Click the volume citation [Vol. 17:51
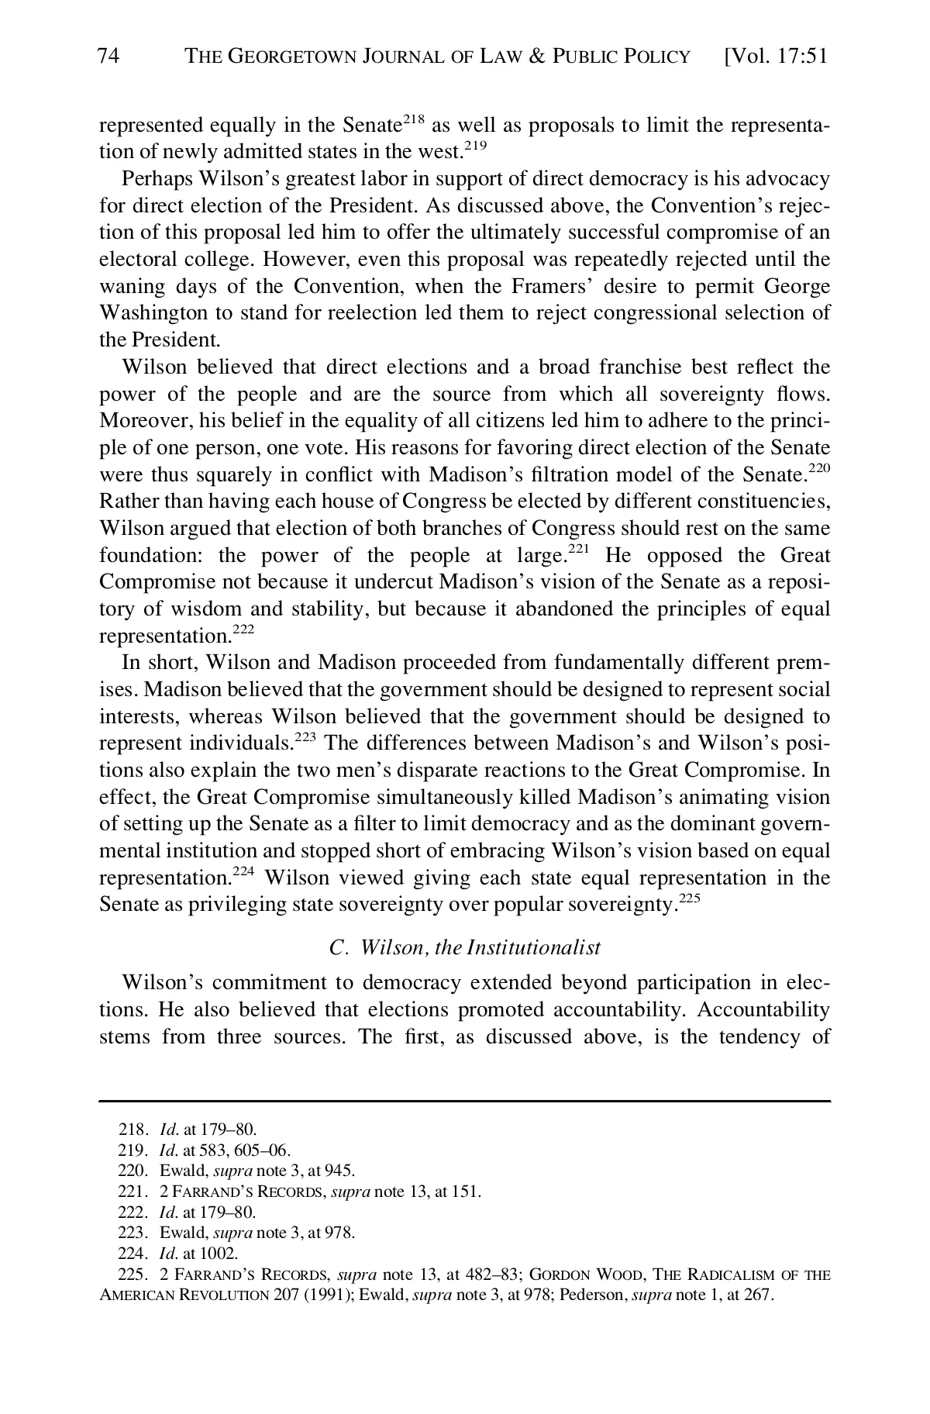click(775, 57)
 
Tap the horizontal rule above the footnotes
click(465, 1101)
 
